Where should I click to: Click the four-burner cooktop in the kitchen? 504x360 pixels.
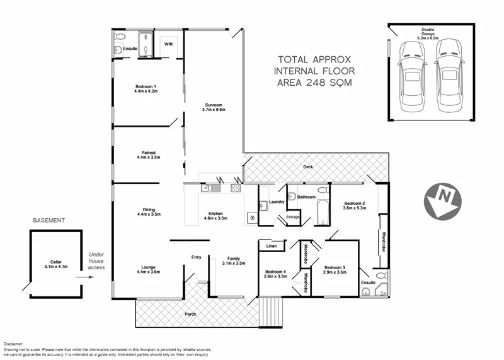tap(236, 187)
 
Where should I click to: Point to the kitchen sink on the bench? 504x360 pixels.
tap(207, 187)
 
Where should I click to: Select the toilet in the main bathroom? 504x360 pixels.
tap(322, 190)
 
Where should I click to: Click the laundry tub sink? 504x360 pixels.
tap(261, 205)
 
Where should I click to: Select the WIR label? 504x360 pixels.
tap(168, 45)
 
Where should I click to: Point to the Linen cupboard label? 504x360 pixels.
tap(270, 246)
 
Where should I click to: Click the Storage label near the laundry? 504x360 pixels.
tap(292, 217)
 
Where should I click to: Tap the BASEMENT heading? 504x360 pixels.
tap(50, 221)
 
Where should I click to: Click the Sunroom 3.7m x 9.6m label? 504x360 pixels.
tap(213, 107)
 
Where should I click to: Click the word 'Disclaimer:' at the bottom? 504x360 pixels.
tap(14, 342)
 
